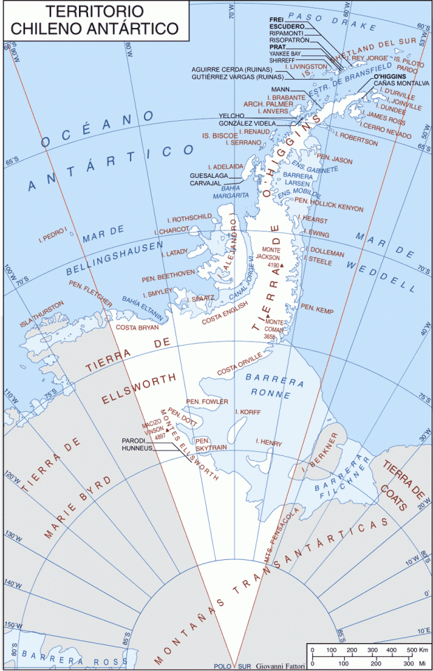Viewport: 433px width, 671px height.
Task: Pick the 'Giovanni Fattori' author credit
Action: pyautogui.click(x=278, y=666)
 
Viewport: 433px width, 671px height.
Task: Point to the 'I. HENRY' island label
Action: pyautogui.click(x=268, y=442)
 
